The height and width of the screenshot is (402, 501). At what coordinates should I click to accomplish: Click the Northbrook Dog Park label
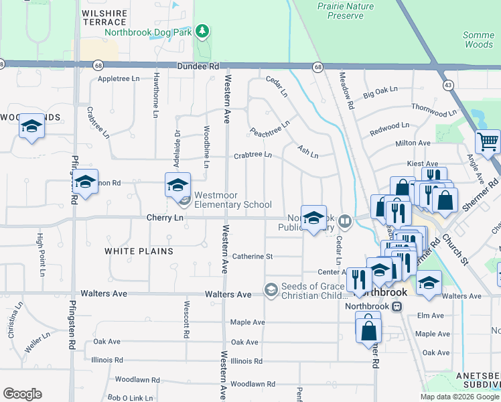tap(149, 32)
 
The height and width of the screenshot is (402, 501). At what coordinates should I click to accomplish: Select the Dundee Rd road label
tap(198, 67)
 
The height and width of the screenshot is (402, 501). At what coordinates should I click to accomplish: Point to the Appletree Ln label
tap(119, 79)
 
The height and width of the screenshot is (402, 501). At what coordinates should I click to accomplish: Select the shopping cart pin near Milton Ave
tap(488, 141)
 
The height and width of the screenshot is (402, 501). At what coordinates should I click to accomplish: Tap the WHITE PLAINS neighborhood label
tap(139, 251)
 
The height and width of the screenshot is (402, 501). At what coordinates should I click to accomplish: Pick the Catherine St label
tap(253, 257)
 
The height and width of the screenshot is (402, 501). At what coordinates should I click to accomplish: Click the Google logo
tap(22, 394)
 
